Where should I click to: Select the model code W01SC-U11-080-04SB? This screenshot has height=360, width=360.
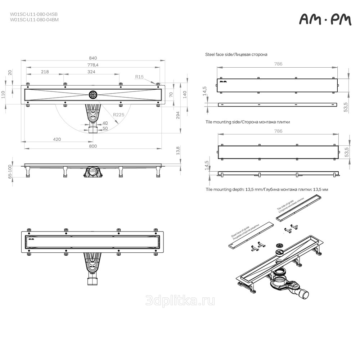pyautogui.click(x=34, y=14)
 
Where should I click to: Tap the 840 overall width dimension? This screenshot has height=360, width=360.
pyautogui.click(x=93, y=58)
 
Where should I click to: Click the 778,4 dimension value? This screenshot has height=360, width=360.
pyautogui.click(x=93, y=65)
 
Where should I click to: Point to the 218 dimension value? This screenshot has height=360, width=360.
pyautogui.click(x=45, y=72)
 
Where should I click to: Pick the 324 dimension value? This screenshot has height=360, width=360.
pyautogui.click(x=91, y=72)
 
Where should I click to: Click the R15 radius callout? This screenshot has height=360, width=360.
pyautogui.click(x=139, y=77)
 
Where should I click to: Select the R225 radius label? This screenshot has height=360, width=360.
pyautogui.click(x=119, y=114)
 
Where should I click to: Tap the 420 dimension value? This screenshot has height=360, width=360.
pyautogui.click(x=57, y=139)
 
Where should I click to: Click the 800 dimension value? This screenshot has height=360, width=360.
pyautogui.click(x=93, y=146)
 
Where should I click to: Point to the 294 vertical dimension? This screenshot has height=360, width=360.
pyautogui.click(x=178, y=115)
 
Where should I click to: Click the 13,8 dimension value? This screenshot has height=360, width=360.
pyautogui.click(x=178, y=150)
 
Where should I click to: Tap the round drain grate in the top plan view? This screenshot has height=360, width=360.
pyautogui.click(x=93, y=94)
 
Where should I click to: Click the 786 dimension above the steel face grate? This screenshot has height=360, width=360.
pyautogui.click(x=278, y=64)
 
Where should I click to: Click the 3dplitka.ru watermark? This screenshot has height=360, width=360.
pyautogui.click(x=180, y=301)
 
